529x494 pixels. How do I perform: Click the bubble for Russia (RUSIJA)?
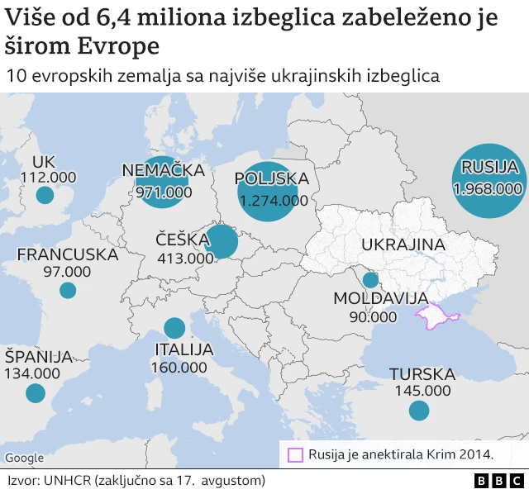489,181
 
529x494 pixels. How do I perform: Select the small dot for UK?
45,195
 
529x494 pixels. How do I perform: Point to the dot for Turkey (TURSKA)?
419,410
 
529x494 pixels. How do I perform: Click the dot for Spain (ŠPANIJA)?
35,393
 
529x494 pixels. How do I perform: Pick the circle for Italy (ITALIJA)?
174,328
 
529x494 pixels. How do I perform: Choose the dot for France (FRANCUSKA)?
68,290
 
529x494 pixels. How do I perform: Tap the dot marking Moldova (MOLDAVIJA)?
370,280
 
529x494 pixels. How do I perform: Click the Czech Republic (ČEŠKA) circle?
222,243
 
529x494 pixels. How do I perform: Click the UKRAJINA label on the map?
403,245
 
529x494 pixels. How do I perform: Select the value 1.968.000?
488,188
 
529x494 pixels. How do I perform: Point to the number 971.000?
163,192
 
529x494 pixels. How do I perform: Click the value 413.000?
185,258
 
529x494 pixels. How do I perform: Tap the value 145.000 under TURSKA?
420,390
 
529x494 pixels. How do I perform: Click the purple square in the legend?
295,454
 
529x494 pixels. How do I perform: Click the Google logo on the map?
24,458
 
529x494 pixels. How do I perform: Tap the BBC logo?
498,481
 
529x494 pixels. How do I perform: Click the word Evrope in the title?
122,46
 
